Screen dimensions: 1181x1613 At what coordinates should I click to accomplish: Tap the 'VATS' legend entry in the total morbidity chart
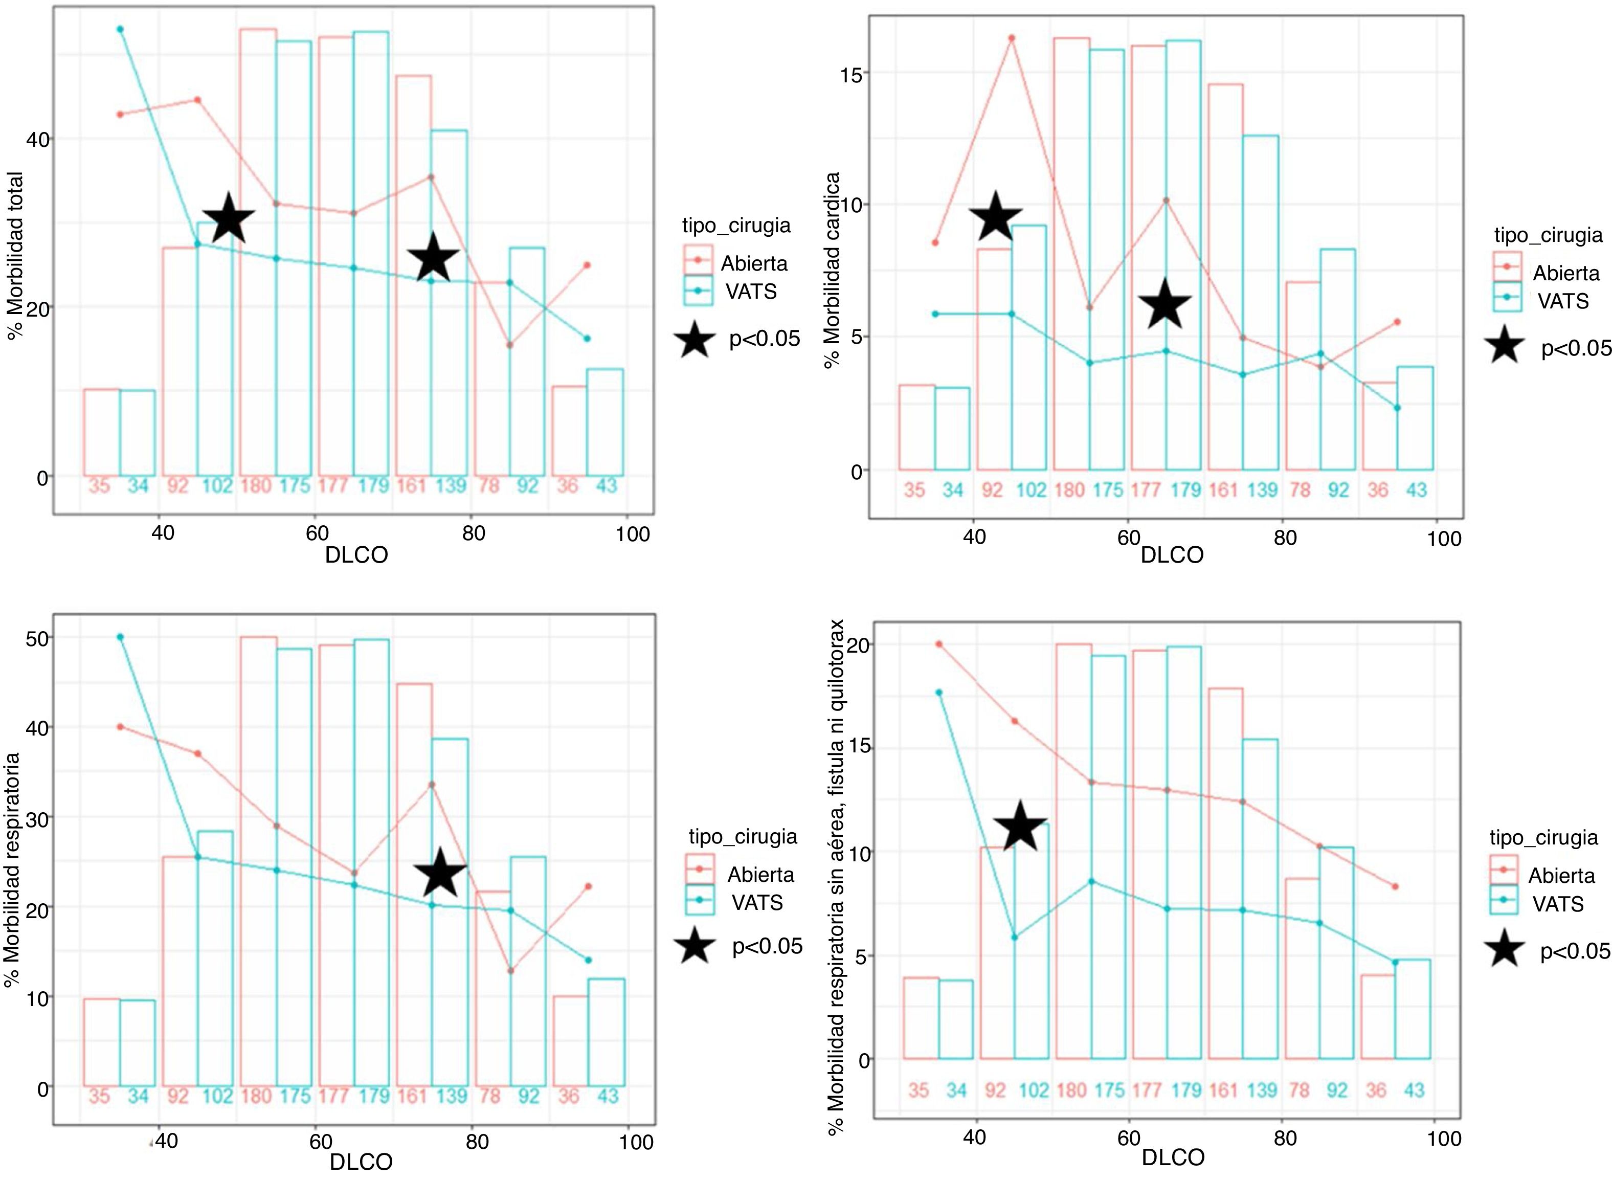click(x=750, y=291)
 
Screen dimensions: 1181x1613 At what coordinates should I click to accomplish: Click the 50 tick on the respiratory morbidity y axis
click(x=37, y=638)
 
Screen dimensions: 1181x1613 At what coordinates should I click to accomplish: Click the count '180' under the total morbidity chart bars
click(x=255, y=486)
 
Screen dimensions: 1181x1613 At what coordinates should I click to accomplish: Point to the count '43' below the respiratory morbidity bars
click(x=607, y=1096)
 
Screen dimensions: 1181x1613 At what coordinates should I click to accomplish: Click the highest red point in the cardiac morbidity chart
click(x=1011, y=38)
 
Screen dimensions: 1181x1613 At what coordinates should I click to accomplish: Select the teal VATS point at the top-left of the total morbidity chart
click(x=120, y=29)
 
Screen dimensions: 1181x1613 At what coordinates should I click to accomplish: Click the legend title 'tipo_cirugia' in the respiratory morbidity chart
click(x=743, y=836)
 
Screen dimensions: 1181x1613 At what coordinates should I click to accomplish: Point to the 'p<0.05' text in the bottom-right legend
click(x=1575, y=951)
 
